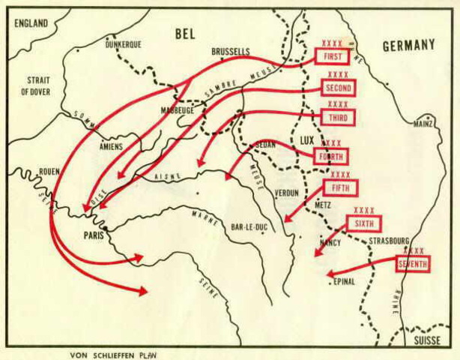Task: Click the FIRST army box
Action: pos(333,57)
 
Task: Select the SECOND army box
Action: pos(338,88)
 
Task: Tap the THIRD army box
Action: pos(337,118)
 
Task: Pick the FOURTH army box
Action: pos(330,156)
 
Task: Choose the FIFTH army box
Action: pos(341,187)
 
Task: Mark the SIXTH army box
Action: pos(364,223)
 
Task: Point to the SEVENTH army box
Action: pos(413,263)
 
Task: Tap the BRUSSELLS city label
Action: pos(231,52)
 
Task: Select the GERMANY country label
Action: pos(408,45)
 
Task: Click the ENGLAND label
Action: pos(30,23)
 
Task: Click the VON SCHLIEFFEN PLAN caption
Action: pos(114,354)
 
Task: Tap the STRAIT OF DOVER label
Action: pos(37,85)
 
